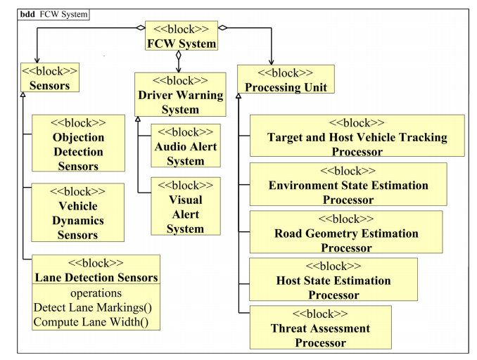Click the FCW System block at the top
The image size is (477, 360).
click(181, 35)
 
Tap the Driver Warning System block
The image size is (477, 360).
click(181, 94)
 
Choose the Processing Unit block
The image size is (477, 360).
click(285, 79)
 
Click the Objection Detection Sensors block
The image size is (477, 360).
click(78, 143)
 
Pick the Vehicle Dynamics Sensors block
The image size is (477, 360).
click(77, 213)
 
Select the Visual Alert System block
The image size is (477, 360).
click(186, 207)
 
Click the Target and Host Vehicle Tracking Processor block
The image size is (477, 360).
click(357, 136)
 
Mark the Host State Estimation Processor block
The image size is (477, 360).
click(333, 280)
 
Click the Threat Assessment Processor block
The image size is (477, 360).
click(320, 328)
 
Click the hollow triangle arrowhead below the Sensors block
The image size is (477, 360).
click(24, 94)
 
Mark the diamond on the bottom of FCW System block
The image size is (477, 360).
click(179, 54)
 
